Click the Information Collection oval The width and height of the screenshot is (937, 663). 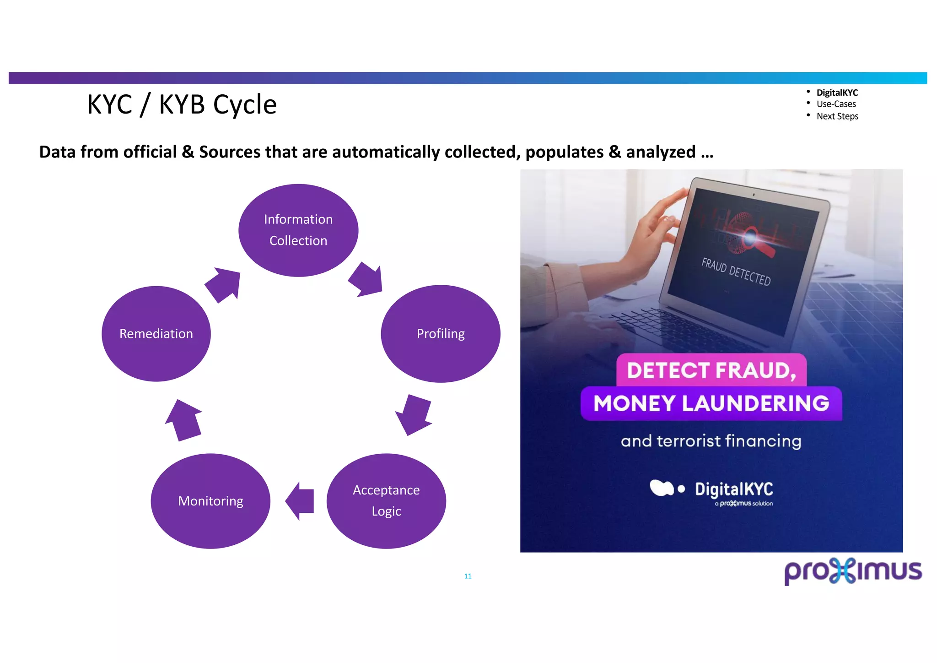click(298, 230)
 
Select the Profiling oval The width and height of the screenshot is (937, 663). click(440, 334)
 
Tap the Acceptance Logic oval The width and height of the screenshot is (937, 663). click(386, 501)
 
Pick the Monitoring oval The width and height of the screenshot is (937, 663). click(210, 501)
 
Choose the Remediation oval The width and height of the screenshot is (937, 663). click(156, 334)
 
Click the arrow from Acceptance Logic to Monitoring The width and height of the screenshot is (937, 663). click(301, 501)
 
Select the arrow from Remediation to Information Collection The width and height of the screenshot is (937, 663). click(223, 284)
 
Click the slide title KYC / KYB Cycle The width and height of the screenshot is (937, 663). click(182, 104)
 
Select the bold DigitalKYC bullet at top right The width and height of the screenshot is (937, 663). click(837, 92)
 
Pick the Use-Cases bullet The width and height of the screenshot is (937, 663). click(836, 104)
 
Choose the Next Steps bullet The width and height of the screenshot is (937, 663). click(837, 116)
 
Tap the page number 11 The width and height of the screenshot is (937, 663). click(468, 576)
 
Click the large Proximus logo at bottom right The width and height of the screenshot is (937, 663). click(853, 571)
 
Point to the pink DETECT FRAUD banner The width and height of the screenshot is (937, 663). click(711, 370)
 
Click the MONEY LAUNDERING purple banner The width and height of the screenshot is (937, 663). click(711, 403)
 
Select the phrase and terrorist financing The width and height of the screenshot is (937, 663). click(711, 441)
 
